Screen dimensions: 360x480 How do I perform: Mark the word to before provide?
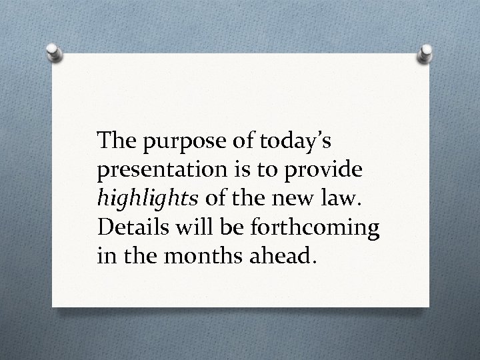pos(269,171)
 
